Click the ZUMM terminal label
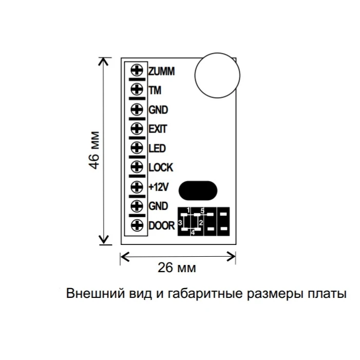pyautogui.click(x=161, y=71)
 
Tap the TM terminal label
pyautogui.click(x=155, y=90)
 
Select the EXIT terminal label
pyautogui.click(x=158, y=128)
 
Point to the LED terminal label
pyautogui.click(x=157, y=148)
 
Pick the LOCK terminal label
pyautogui.click(x=160, y=167)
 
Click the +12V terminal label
pyautogui.click(x=159, y=187)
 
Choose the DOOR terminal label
pyautogui.click(x=162, y=225)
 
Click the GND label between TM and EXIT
pyautogui.click(x=158, y=109)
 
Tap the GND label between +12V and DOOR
pyautogui.click(x=158, y=206)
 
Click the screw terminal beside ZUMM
pyautogui.click(x=137, y=71)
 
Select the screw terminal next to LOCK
pyautogui.click(x=137, y=167)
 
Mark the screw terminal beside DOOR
pyautogui.click(x=137, y=225)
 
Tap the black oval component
pyautogui.click(x=197, y=190)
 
